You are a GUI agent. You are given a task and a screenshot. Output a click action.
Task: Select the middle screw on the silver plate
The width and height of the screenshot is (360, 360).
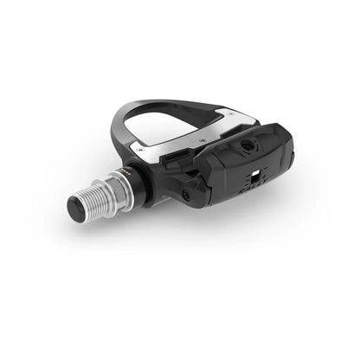[201, 137]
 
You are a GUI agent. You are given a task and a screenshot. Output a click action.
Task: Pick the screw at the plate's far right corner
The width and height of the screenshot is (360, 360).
[226, 112]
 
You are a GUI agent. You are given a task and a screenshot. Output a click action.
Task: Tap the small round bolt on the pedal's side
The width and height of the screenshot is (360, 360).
[185, 196]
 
